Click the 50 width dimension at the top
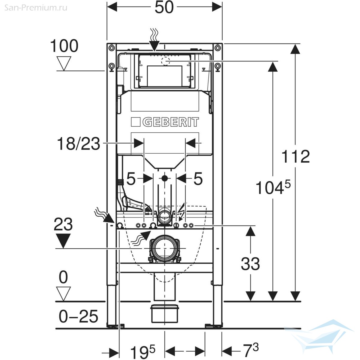point(164,7)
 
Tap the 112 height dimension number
point(295,156)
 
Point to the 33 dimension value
point(250,264)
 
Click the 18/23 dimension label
point(78,144)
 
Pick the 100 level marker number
point(64,46)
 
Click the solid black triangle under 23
point(63,240)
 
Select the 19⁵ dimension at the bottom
point(143,350)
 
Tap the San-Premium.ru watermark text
point(36,7)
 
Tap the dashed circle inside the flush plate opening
point(165,61)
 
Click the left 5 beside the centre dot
point(131,179)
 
